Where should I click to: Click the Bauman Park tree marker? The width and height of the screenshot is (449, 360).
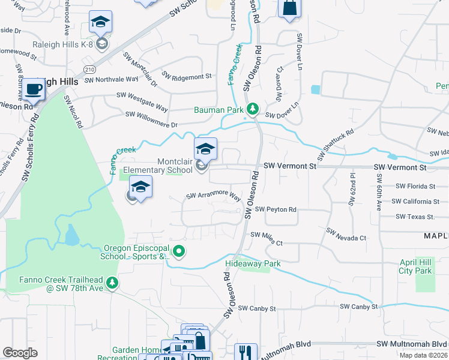click(253, 109)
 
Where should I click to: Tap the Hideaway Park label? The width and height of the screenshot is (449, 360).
click(253, 263)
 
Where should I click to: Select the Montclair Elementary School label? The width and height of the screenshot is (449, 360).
click(158, 166)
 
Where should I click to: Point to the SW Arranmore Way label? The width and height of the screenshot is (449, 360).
click(213, 196)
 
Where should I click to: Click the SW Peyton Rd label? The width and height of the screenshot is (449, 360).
click(276, 209)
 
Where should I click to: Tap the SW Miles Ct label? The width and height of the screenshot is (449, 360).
click(266, 238)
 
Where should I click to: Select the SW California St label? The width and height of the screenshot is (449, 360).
click(415, 202)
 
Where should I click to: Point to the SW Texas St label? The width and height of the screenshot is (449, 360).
click(414, 217)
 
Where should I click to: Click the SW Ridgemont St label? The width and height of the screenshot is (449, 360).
click(184, 77)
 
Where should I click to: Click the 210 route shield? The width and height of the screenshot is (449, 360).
click(89, 70)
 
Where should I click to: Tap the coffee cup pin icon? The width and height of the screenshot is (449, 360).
click(34, 90)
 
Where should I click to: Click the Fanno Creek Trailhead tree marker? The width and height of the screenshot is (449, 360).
click(111, 282)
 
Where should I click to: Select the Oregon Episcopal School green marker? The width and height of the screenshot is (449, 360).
click(178, 251)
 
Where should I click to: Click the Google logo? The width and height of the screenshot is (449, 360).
click(20, 353)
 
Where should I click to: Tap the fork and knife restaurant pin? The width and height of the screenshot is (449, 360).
click(246, 352)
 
